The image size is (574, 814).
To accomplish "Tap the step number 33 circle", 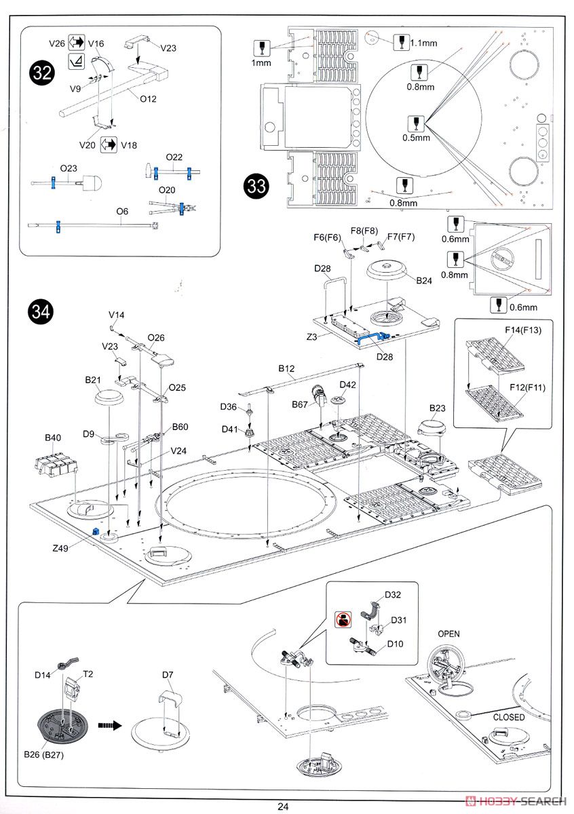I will pyautogui.click(x=256, y=187).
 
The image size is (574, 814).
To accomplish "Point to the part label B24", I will pyautogui.click(x=424, y=279).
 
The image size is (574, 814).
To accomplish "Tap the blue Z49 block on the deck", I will pyautogui.click(x=96, y=530).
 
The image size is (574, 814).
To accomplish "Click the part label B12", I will pyautogui.click(x=286, y=369).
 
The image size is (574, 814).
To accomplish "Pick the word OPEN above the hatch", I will pyautogui.click(x=448, y=634).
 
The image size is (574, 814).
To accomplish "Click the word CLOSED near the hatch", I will pyautogui.click(x=508, y=717).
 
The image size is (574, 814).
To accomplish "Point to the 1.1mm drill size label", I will pyautogui.click(x=425, y=42).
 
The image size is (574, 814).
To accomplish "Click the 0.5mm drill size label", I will pyautogui.click(x=416, y=138).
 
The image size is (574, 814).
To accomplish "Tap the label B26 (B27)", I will pyautogui.click(x=44, y=755).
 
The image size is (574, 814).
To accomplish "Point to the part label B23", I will pyautogui.click(x=438, y=408).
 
